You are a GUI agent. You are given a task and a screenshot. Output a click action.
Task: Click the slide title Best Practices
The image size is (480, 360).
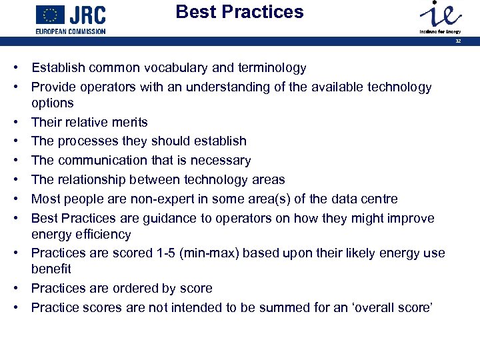pos(239,12)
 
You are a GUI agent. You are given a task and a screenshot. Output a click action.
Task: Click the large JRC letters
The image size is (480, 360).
pos(88,15)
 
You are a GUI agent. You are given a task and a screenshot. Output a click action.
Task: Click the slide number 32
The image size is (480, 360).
pos(458,41)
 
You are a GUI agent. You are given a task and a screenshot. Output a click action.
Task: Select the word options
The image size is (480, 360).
pos(53,103)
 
